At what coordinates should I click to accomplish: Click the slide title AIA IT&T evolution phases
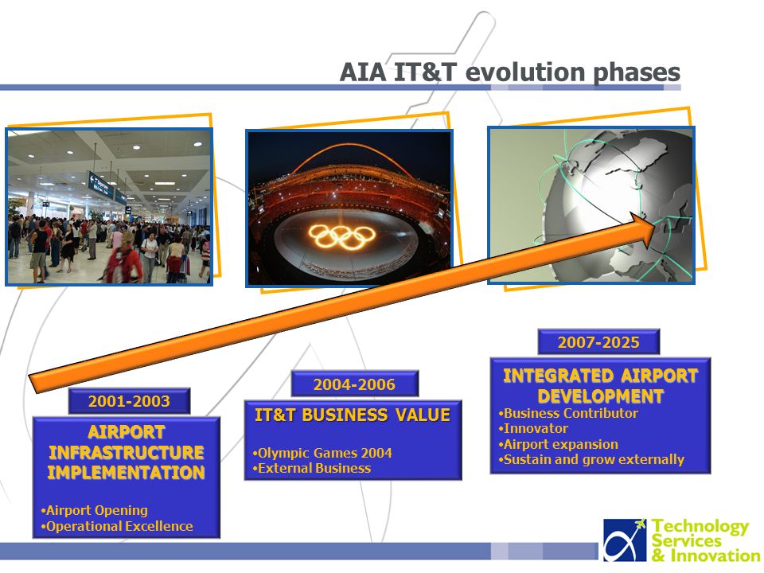click(509, 72)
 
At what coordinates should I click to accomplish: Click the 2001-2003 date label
click(129, 401)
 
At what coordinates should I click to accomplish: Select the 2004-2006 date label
click(354, 384)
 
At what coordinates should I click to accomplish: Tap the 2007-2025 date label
click(598, 342)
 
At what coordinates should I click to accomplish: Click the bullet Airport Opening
click(95, 510)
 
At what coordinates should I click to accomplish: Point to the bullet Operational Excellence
click(117, 526)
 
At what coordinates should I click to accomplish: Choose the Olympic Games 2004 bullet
click(322, 453)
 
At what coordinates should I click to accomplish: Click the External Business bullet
click(312, 468)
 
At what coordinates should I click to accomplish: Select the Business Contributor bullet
click(568, 413)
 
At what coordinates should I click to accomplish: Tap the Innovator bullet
click(533, 429)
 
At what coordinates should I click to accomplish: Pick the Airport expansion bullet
click(558, 444)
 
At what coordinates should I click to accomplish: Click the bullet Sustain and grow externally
click(591, 460)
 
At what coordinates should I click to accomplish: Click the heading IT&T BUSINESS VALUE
click(353, 415)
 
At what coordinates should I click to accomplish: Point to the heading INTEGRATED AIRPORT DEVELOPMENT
click(600, 386)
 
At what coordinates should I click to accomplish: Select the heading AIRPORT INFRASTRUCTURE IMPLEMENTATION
click(127, 452)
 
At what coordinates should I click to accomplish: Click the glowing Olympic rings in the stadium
click(342, 236)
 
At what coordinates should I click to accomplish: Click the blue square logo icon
click(626, 540)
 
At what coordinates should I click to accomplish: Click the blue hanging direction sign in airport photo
click(101, 185)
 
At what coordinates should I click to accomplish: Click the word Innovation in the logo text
click(715, 555)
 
